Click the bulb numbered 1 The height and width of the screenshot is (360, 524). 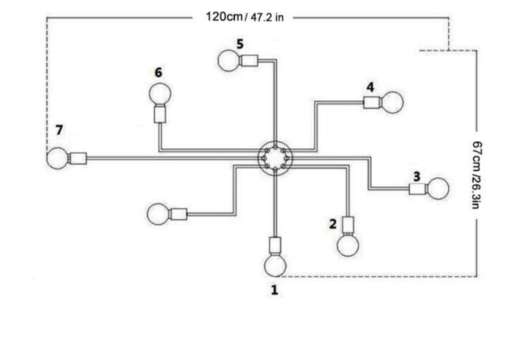pos(275,265)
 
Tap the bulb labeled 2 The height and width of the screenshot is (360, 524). pos(348,245)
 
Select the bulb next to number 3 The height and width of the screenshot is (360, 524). pos(438,188)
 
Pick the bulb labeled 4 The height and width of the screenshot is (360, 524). pos(392,102)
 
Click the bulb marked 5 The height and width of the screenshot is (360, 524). pos(229,61)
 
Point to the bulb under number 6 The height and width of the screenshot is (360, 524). pos(160,94)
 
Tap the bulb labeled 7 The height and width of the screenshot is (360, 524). pos(57,158)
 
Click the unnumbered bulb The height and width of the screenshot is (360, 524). pos(158,214)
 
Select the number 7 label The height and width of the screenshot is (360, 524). pos(59,130)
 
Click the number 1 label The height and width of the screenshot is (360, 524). pos(275,290)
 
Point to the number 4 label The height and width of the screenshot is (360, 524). pos(370,87)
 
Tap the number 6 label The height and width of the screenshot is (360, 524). pos(158,72)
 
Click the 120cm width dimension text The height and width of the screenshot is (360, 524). pos(244,17)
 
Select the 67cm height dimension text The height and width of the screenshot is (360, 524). pos(477,174)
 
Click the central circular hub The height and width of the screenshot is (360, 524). pos(275,157)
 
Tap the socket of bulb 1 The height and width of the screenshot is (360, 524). pos(275,246)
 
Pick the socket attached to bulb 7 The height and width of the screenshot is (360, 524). pos(78,158)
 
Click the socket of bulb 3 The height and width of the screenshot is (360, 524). pos(418,189)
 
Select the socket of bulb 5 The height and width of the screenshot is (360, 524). pos(249,61)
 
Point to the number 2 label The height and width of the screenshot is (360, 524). pos(333,224)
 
